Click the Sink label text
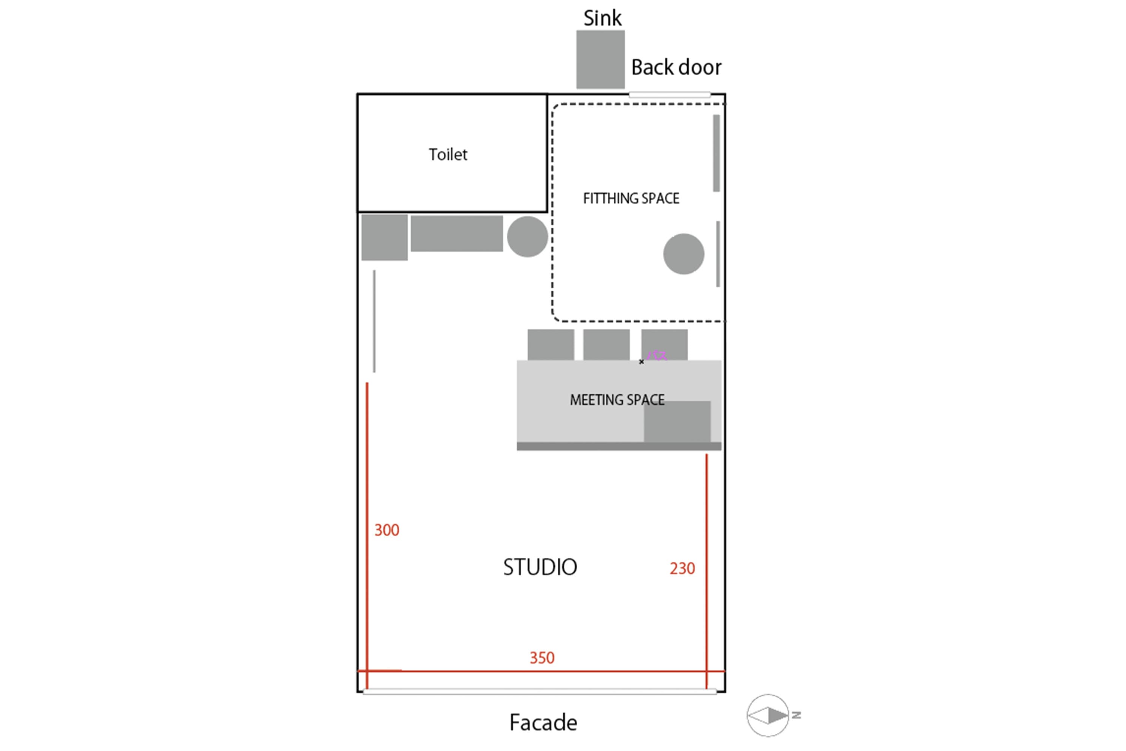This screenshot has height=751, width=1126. point(602,18)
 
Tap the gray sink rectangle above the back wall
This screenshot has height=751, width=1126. point(600,59)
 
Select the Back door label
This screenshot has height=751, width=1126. point(676,67)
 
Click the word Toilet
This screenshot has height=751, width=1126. point(448,155)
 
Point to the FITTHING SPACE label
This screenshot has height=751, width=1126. point(631,198)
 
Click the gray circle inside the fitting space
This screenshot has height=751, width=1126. point(683,254)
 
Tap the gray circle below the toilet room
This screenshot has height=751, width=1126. point(528,237)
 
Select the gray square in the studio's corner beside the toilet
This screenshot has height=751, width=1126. point(384,238)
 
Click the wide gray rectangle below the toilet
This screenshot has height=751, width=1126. point(457,234)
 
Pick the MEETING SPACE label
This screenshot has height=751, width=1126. point(617,400)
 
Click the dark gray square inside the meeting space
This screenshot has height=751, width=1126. point(677,421)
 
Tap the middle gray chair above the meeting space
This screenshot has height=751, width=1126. point(606,344)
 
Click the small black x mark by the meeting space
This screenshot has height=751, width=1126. point(641,362)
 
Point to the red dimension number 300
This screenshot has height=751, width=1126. point(387,530)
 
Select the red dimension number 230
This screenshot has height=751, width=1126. point(682,569)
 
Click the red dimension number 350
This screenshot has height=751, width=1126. point(542,658)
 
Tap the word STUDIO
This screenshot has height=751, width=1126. point(540,567)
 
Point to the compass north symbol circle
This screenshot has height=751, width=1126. point(768,716)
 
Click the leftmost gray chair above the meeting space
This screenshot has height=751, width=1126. point(551,344)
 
